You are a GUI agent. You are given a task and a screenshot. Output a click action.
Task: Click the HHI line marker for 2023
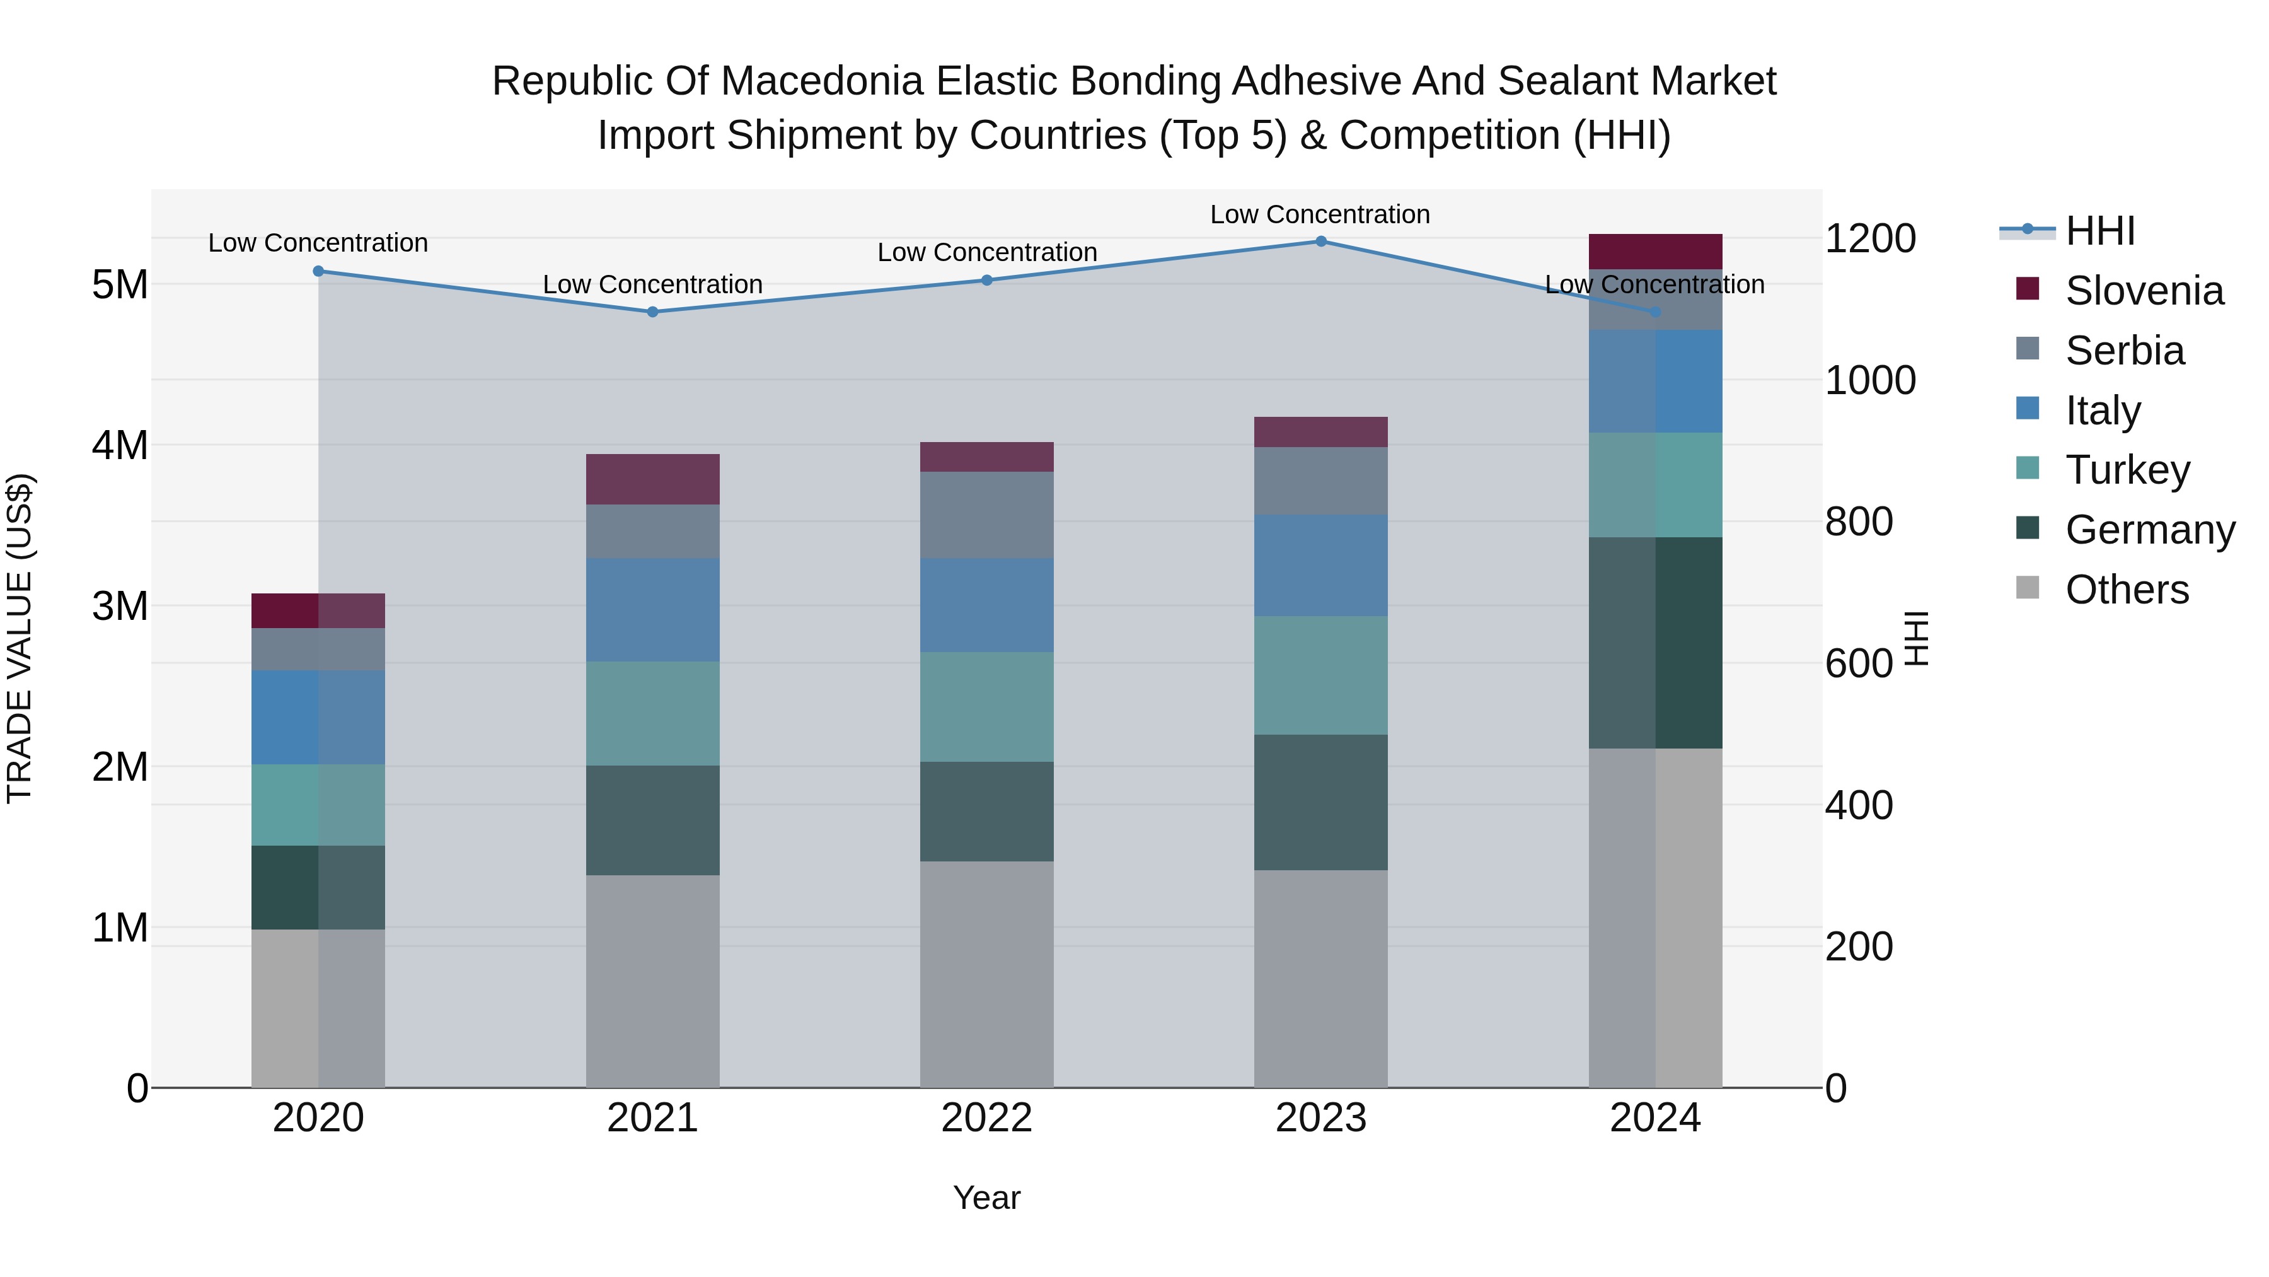[x=1320, y=242]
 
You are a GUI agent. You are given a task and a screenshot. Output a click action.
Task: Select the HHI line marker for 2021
[x=653, y=312]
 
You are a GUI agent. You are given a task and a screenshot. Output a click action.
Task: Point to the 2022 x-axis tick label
[x=986, y=1118]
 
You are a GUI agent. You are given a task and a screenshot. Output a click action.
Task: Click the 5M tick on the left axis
[x=120, y=284]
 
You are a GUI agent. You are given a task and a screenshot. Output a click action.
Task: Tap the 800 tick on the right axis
[x=1859, y=522]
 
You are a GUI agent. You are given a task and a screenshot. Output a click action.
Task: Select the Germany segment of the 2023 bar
[x=1320, y=802]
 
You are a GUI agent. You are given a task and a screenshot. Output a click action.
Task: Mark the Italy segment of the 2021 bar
[x=653, y=610]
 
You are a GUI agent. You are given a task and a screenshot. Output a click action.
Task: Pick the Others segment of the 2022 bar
[x=986, y=974]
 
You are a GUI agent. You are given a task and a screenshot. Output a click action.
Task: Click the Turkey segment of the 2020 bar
[x=318, y=805]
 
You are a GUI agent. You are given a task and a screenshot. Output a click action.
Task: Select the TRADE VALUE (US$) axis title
[x=20, y=638]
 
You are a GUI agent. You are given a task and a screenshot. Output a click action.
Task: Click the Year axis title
[x=986, y=1198]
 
